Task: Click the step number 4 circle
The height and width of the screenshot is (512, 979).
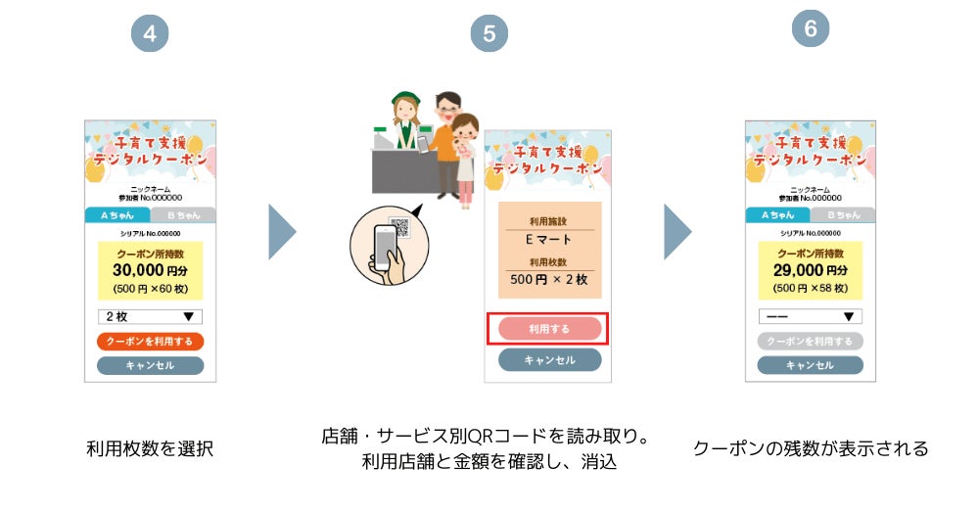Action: pos(150,34)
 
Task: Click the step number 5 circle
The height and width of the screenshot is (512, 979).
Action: pos(489,34)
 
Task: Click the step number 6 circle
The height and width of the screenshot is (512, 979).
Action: pos(810,29)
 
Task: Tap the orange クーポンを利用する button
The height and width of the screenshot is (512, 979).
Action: pos(150,342)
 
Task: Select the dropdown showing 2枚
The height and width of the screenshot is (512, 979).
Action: pos(150,316)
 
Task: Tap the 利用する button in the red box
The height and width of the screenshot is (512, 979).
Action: pos(548,329)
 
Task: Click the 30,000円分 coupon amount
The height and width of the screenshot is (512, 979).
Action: pos(150,270)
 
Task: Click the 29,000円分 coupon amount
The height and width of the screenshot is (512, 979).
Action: pos(810,270)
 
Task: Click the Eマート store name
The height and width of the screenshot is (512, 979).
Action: pos(548,239)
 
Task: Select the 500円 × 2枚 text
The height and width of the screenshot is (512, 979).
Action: pos(548,279)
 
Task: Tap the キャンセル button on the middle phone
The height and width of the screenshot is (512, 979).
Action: pos(549,360)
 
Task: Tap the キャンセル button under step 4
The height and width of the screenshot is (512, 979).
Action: pos(150,365)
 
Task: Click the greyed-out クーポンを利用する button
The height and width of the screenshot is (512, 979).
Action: pos(810,342)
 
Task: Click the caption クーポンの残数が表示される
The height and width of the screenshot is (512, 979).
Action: pos(811,449)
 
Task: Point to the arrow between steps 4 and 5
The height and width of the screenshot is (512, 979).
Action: pos(281,232)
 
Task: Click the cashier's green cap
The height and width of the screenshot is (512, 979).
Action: pos(405,98)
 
